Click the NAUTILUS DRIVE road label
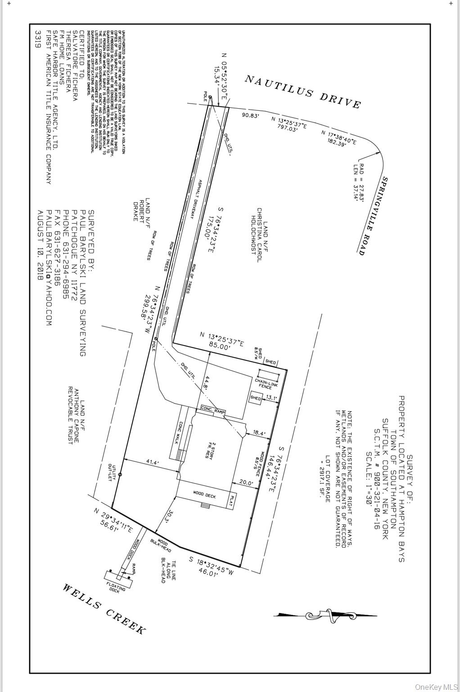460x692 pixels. coord(302,91)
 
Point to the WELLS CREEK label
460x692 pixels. coord(104,609)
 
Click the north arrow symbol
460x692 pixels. coord(325,615)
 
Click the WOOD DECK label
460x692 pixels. coord(205,495)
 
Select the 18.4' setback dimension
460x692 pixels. coord(259,433)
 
